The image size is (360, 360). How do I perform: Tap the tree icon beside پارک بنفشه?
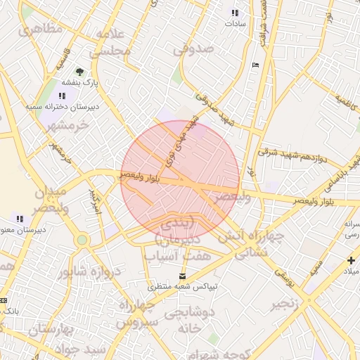[x=79, y=72]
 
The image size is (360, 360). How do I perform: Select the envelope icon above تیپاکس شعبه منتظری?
[x=183, y=276]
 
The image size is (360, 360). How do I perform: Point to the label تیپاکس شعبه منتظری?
[x=183, y=287]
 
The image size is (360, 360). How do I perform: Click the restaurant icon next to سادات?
[x=234, y=13]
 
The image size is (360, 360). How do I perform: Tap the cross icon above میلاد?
[x=351, y=260]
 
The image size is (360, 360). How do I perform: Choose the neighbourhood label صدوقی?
[x=193, y=49]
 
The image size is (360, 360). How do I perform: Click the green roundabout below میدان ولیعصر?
[x=82, y=240]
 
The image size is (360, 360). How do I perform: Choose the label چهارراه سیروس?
[x=134, y=314]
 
